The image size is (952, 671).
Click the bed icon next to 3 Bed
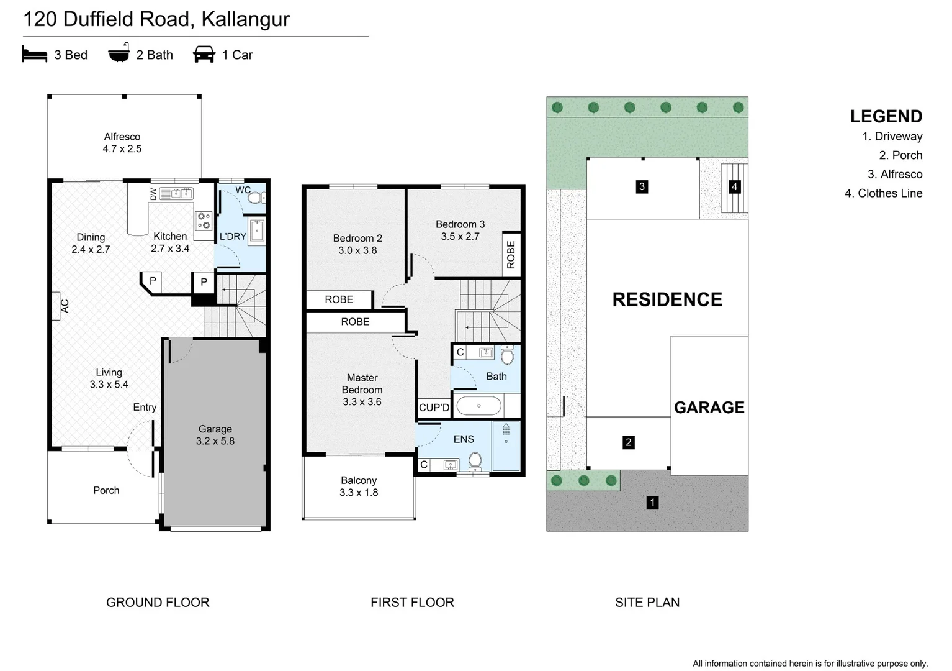(34, 55)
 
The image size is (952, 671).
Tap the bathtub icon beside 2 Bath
(119, 53)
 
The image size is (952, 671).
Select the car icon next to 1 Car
(204, 55)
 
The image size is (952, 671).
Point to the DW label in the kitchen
(153, 194)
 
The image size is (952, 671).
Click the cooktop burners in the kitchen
(204, 221)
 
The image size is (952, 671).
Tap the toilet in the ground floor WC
(256, 198)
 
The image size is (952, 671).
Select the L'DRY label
(233, 237)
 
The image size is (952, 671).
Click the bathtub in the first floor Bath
(479, 406)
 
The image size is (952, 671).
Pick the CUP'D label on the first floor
(434, 408)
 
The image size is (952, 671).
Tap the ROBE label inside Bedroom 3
(511, 255)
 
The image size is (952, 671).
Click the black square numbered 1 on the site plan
(652, 503)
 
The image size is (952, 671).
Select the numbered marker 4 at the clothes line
(734, 186)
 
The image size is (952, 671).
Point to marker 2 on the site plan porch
(629, 442)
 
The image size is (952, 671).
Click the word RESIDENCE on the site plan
(667, 299)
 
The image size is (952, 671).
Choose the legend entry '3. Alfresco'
(895, 174)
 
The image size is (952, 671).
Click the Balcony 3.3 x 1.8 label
(359, 486)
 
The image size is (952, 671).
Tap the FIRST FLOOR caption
(412, 602)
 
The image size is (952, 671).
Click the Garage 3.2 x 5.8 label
(215, 435)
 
